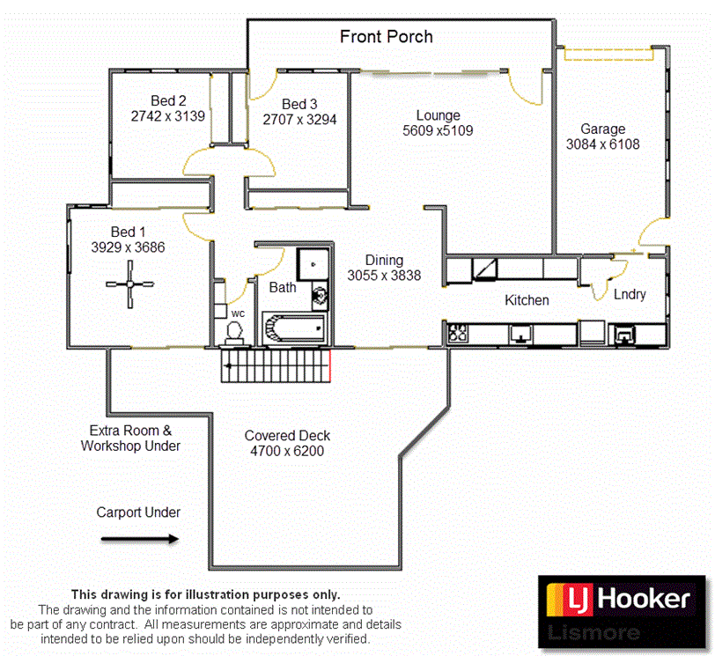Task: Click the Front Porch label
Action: point(387,37)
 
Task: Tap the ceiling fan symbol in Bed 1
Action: point(130,284)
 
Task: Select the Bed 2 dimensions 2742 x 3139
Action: point(167,116)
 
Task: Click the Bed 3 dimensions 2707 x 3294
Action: point(299,119)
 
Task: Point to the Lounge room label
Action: point(438,115)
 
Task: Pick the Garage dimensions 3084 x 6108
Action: point(602,144)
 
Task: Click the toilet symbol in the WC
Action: point(234,331)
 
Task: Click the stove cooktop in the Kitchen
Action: point(458,333)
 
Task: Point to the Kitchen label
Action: point(527,300)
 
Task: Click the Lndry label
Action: point(630,294)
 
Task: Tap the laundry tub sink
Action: point(624,334)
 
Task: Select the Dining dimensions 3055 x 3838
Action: point(384,276)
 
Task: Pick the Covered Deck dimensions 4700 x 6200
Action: point(287,452)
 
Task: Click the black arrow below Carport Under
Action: point(139,538)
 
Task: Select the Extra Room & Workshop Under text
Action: point(130,439)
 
